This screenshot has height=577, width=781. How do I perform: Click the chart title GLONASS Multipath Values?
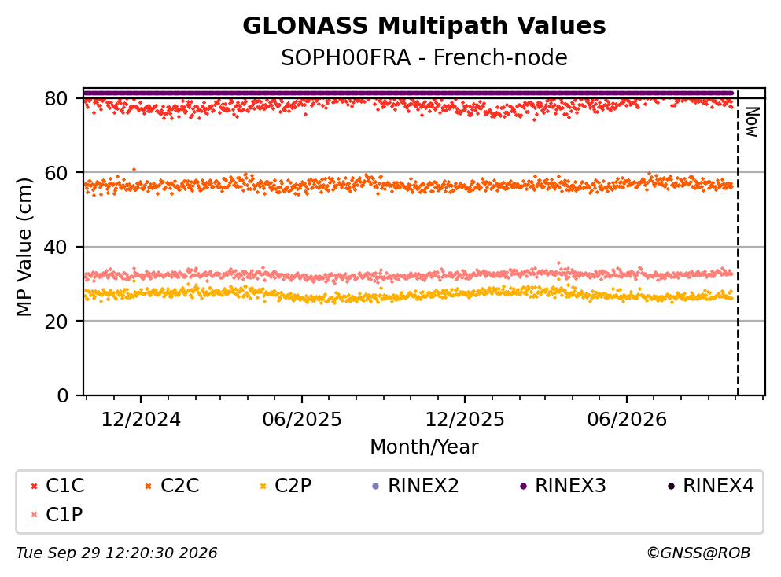(424, 26)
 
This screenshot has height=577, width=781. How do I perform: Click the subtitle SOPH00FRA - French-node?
(424, 57)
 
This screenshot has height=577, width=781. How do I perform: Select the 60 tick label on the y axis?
(57, 173)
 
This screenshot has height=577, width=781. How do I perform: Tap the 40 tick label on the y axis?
(57, 247)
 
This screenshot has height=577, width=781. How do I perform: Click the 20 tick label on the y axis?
(57, 321)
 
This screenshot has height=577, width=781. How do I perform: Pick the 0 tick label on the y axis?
(63, 395)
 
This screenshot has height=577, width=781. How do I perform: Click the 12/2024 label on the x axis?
(141, 420)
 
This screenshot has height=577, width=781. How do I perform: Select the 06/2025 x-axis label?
(302, 420)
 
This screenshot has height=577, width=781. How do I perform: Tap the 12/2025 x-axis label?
(465, 420)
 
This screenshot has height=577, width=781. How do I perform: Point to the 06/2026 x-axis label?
(627, 420)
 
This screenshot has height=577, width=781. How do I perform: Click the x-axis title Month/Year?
(424, 447)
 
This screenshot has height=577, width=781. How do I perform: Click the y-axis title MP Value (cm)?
(24, 247)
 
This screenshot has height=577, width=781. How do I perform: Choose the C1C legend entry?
(57, 485)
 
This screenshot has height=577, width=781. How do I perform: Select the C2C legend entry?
(171, 485)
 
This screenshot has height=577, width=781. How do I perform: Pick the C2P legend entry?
(286, 485)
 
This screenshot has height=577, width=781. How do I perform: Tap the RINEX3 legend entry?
(562, 485)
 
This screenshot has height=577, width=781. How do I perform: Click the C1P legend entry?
(57, 514)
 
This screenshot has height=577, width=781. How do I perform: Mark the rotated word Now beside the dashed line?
(752, 122)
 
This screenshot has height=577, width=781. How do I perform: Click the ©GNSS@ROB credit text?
(698, 553)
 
